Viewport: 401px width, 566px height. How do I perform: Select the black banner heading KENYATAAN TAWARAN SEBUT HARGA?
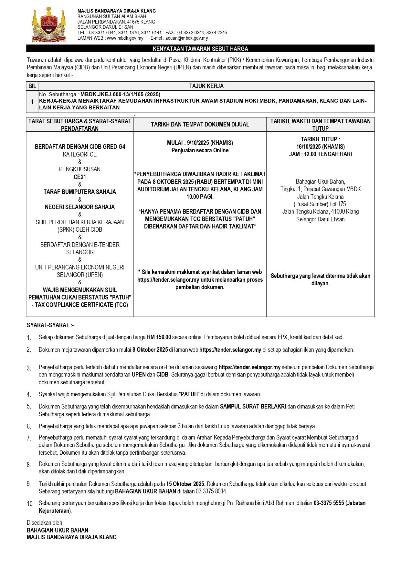pos(200,49)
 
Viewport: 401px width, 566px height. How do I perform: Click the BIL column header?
pos(32,86)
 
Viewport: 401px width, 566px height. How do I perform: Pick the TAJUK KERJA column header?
pos(206,86)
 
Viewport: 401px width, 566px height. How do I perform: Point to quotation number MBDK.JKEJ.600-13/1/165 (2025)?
pos(120,94)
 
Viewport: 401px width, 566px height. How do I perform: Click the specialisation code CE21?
pos(80,177)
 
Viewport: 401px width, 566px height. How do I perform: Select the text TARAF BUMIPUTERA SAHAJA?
pos(80,192)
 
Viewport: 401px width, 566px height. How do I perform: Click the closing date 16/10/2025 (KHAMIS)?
pos(320,147)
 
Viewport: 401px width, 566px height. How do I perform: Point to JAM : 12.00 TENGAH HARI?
pos(320,154)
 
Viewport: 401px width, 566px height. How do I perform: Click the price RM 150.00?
pos(159,337)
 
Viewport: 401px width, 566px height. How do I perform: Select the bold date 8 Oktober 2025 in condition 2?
pos(150,350)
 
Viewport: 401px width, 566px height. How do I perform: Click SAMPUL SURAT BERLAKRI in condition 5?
pos(253,407)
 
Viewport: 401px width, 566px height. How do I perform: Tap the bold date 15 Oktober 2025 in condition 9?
pos(185,484)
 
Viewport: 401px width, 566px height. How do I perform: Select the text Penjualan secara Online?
pos(200,150)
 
